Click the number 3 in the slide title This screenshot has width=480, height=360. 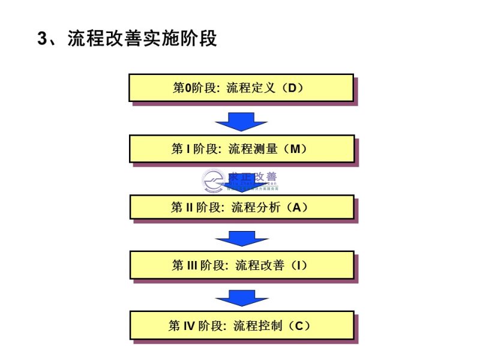[x=42, y=39]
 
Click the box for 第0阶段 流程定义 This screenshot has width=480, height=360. [x=241, y=88]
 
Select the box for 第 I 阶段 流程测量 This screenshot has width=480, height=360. [x=241, y=148]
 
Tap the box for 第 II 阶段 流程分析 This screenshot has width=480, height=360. [x=241, y=207]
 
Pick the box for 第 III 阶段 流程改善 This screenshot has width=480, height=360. [x=241, y=265]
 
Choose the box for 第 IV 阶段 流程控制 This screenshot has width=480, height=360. [x=241, y=326]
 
